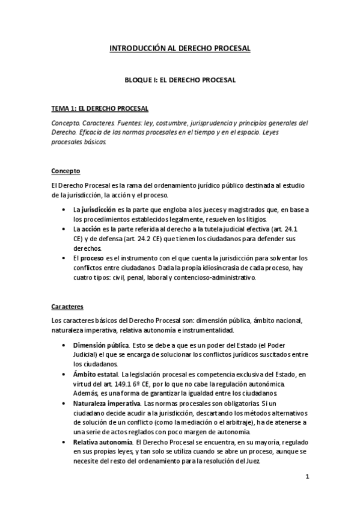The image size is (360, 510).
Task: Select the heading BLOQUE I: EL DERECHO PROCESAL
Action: (180, 79)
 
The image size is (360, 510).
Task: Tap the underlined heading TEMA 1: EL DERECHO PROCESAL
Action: (100, 108)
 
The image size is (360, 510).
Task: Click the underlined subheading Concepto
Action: (66, 170)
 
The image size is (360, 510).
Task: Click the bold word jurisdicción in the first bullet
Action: (99, 209)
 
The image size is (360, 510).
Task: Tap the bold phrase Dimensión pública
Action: (100, 345)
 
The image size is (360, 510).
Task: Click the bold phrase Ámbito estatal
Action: (95, 374)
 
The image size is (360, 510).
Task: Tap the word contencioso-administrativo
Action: (217, 278)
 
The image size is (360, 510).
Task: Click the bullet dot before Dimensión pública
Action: (64, 346)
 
